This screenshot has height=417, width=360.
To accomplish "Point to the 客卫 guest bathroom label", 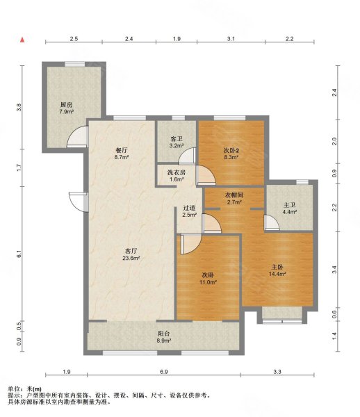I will click(x=176, y=139).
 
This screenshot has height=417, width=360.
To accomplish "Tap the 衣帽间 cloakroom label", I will click(x=233, y=195).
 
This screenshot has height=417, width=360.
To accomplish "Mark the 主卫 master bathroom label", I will click(x=289, y=205).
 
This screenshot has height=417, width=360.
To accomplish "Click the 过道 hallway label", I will click(x=189, y=208).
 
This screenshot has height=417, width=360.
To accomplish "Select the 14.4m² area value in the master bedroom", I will click(x=279, y=274).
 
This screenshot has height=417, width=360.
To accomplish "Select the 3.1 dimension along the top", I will click(x=229, y=40).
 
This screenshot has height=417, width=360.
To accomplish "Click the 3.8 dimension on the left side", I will click(x=19, y=108).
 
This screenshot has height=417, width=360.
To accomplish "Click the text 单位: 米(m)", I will click(x=24, y=388).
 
